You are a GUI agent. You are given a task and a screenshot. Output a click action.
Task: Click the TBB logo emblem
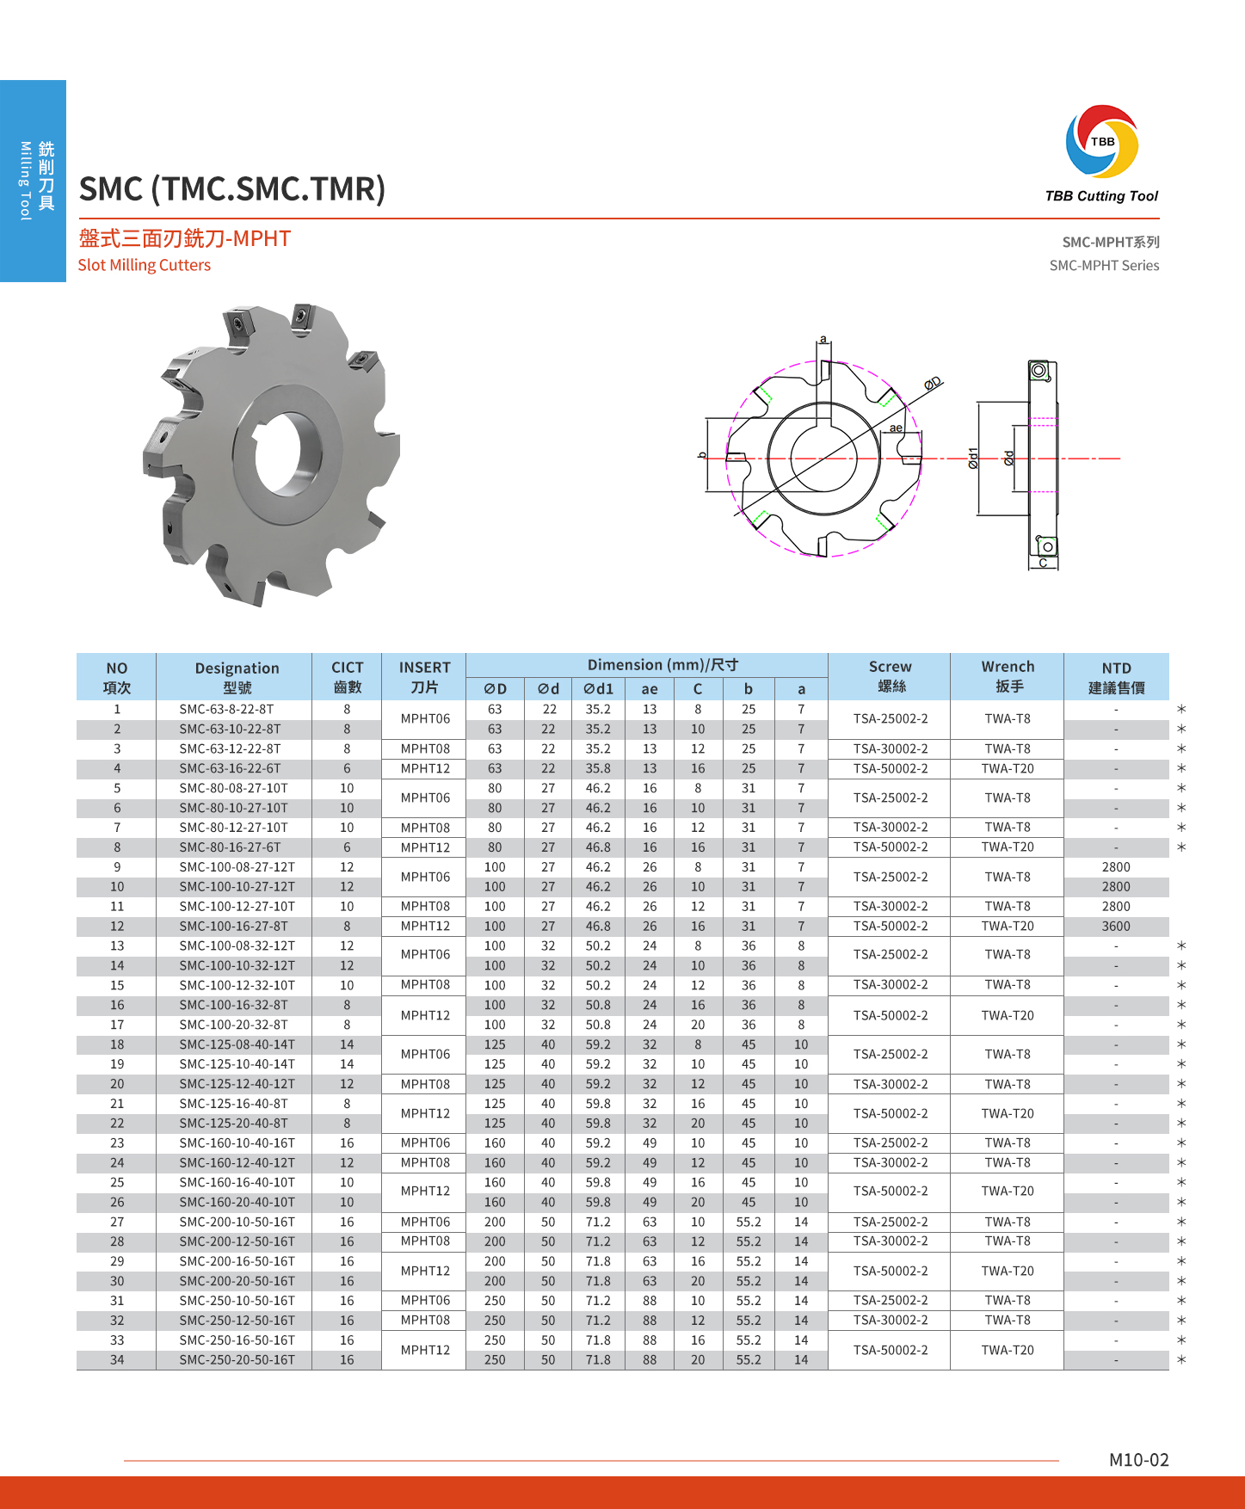pos(1102,141)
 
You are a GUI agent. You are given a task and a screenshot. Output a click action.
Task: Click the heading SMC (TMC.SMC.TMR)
pos(232,189)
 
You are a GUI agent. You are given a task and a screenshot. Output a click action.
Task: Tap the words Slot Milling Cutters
pos(145,265)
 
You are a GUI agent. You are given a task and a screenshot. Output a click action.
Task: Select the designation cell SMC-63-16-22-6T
pos(230,768)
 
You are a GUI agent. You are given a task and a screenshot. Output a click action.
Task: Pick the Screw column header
pos(890,676)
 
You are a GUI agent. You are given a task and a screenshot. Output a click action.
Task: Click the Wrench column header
pos(1008,676)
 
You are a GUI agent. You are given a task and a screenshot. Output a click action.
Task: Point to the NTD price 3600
pos(1116,926)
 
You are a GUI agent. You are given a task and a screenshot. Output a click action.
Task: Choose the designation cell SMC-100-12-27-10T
pos(237,906)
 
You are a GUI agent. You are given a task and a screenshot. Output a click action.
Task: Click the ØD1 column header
pos(598,688)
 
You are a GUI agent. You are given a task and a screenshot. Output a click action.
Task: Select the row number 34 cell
pos(117,1360)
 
